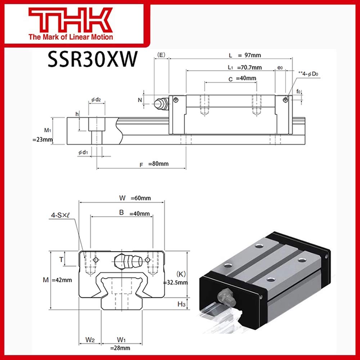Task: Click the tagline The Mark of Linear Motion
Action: (x=71, y=37)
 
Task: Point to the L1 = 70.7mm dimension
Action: (x=244, y=67)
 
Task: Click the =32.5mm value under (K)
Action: (x=175, y=283)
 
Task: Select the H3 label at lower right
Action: (x=181, y=305)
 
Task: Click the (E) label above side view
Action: (x=161, y=55)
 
